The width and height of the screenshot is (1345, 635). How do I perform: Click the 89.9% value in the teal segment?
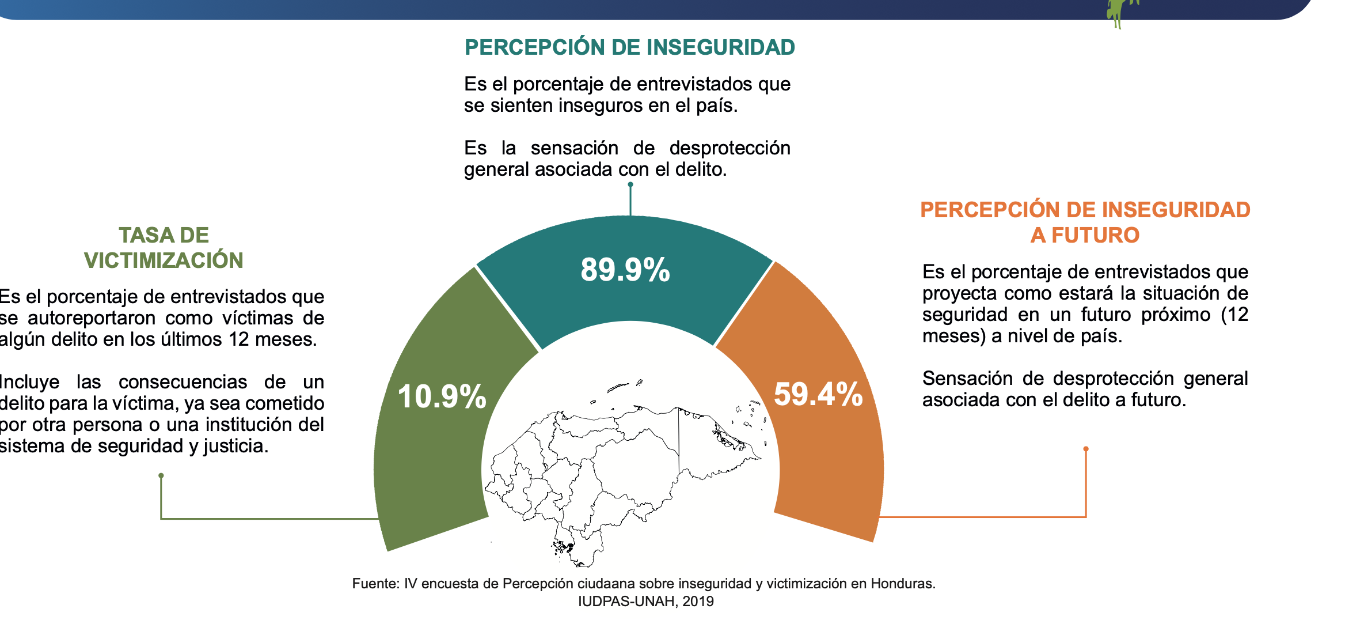coord(625,270)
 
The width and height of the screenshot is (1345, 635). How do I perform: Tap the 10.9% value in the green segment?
coord(442,396)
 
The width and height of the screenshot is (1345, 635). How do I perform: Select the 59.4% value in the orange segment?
coord(818,394)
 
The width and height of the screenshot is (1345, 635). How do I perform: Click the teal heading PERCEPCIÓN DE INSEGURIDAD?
coord(630,47)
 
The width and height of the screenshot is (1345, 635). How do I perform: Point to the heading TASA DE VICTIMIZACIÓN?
coord(164,248)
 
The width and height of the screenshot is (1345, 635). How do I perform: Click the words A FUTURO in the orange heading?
coord(1085,235)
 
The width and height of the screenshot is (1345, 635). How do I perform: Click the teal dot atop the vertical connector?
coord(630,184)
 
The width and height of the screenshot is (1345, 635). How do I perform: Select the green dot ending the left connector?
coord(161,475)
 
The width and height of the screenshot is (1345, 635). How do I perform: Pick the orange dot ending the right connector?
coord(1086,449)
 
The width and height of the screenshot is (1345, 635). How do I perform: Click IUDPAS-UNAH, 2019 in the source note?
coord(645,602)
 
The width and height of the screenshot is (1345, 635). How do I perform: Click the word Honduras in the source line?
coord(902,584)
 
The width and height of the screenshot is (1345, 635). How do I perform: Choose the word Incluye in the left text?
coord(28,382)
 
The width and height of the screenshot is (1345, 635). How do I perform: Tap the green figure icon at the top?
coord(1120,12)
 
